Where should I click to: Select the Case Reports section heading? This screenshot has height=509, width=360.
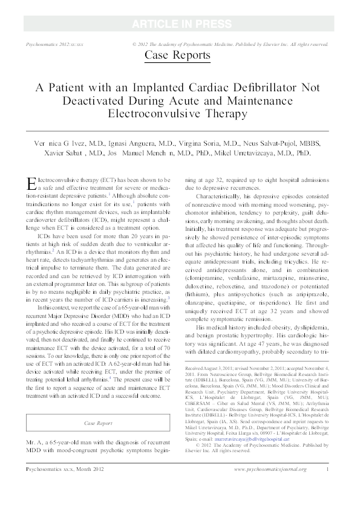point(177,56)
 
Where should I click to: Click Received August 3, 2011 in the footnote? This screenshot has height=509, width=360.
point(212,368)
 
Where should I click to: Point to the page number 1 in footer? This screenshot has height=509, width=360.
point(327,486)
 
